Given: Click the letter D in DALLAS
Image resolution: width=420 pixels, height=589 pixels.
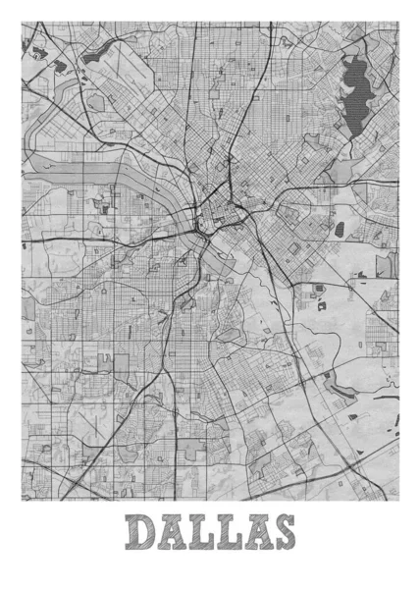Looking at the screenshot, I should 143,533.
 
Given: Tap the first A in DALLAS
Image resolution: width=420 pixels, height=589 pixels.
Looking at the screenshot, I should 173,533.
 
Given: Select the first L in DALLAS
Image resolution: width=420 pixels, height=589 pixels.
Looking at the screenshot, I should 201,533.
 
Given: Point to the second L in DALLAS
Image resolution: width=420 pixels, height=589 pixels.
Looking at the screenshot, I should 227,533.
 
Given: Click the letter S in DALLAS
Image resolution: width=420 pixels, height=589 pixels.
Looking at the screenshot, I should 282,533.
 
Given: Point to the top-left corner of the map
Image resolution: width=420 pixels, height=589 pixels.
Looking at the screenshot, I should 22,21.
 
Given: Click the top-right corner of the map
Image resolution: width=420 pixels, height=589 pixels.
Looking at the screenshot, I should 398,21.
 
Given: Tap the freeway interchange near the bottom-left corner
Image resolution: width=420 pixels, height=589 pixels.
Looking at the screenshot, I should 74,484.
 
